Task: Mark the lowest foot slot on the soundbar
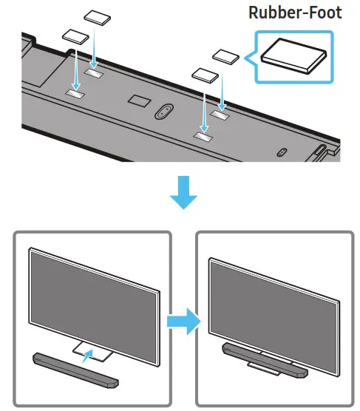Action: tap(203, 137)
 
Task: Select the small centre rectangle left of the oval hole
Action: tap(137, 98)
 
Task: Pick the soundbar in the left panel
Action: tap(76, 369)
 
